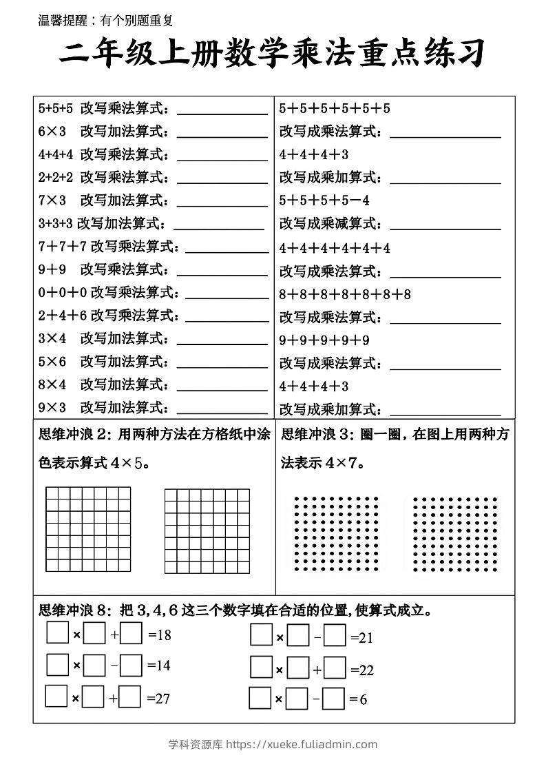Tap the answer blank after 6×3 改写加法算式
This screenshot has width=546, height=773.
[222, 132]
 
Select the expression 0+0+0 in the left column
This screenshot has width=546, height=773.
[63, 292]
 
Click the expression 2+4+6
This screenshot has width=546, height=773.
[63, 315]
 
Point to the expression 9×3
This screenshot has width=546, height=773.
[52, 407]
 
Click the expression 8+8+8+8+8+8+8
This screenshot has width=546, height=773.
[345, 294]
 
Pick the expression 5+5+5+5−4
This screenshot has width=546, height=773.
[324, 200]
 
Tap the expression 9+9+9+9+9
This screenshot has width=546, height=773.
[324, 340]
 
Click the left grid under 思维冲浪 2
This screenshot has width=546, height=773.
[88, 530]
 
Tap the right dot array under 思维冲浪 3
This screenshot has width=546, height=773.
[454, 534]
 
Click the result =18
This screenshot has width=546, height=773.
[160, 635]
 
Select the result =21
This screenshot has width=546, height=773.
[362, 638]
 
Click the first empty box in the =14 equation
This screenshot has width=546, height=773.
[57, 665]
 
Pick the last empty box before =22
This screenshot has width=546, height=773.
[335, 669]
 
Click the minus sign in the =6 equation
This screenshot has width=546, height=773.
[317, 699]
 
